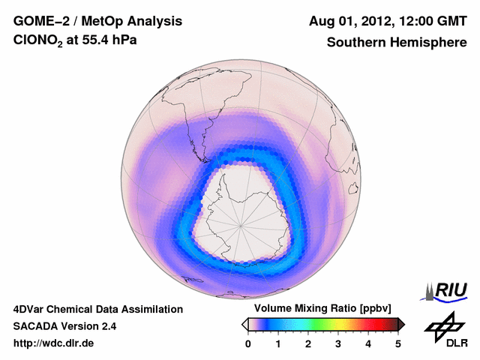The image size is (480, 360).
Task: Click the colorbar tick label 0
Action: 248,343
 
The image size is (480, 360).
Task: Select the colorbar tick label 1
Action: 278,343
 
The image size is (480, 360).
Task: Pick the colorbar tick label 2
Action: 308,343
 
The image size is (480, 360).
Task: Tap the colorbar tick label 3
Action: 338,343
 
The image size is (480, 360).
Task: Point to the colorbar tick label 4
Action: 368,343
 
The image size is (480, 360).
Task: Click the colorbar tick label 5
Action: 398,343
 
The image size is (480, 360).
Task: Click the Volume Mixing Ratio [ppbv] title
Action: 322,309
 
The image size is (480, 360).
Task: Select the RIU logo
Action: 445,290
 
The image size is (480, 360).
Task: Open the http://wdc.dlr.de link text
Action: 54,343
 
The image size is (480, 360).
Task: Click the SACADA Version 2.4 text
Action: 64,326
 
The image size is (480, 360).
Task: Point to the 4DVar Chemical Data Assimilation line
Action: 97,309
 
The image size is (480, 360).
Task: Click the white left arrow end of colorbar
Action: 244,324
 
